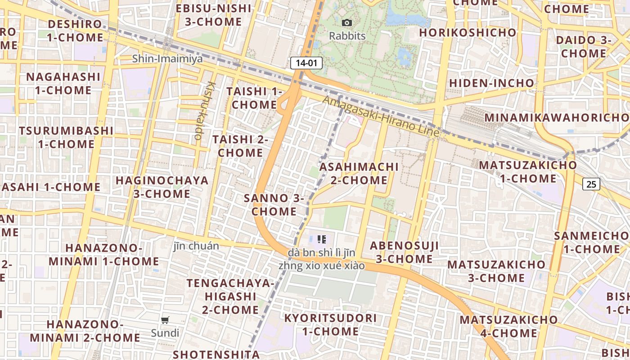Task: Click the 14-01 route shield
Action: pyautogui.click(x=306, y=63)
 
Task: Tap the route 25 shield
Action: pyautogui.click(x=591, y=184)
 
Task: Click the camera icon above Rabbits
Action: pyautogui.click(x=347, y=22)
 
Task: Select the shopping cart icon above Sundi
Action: pyautogui.click(x=165, y=320)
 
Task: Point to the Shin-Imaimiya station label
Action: pyautogui.click(x=167, y=59)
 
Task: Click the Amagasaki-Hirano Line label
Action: pyautogui.click(x=381, y=117)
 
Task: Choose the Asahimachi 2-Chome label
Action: pyautogui.click(x=359, y=173)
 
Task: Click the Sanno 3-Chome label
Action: pyautogui.click(x=274, y=205)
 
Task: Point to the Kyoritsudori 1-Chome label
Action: pyautogui.click(x=330, y=324)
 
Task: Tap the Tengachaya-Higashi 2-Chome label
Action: pyautogui.click(x=230, y=296)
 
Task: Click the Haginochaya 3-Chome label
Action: pyautogui.click(x=162, y=187)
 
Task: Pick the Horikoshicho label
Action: pyautogui.click(x=468, y=32)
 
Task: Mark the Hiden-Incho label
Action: pyautogui.click(x=491, y=83)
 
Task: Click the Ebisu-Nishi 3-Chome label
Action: pyautogui.click(x=213, y=15)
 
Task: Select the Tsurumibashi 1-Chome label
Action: pyautogui.click(x=66, y=137)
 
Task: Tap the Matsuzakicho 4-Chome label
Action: pyautogui.click(x=508, y=326)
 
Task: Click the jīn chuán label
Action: pyautogui.click(x=196, y=246)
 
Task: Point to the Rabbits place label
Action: pyautogui.click(x=347, y=36)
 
